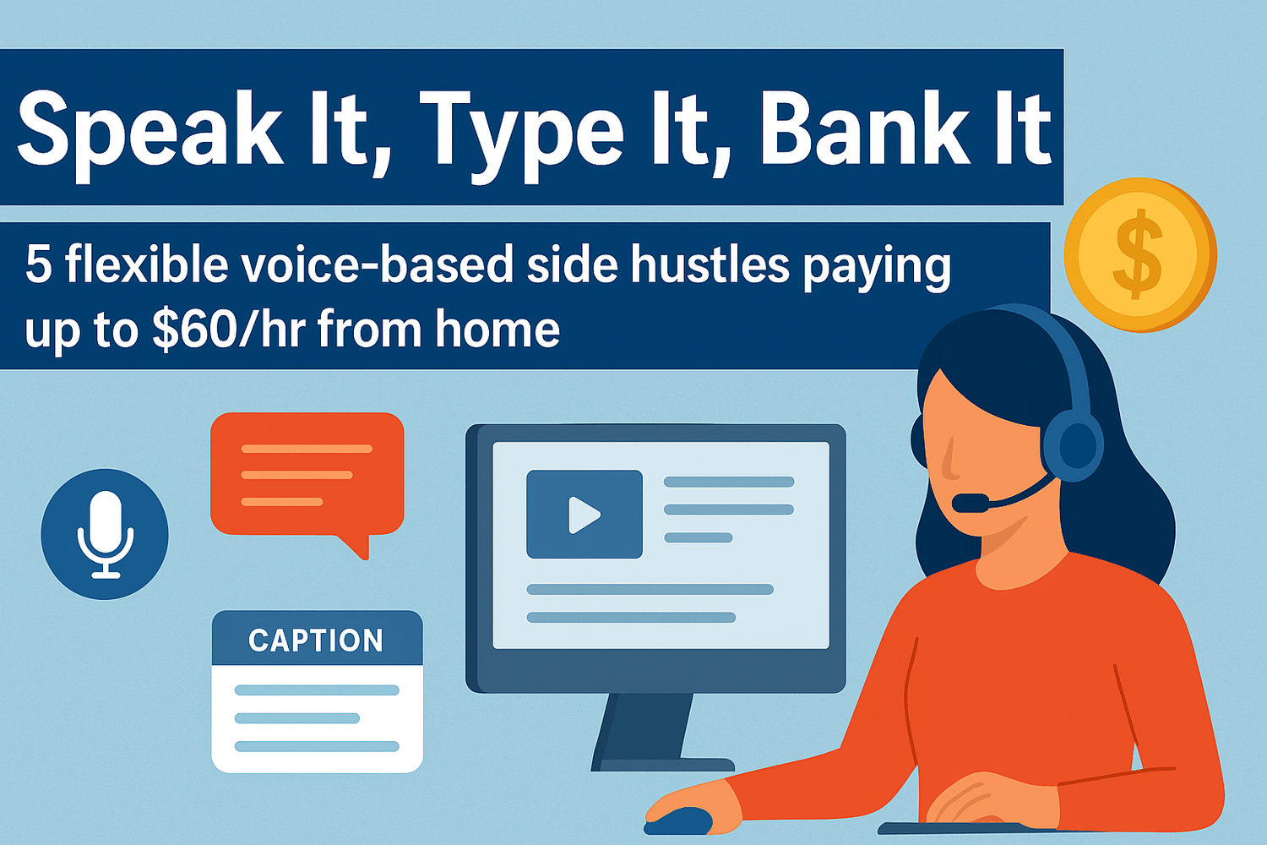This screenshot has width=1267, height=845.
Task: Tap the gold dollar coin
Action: click(1139, 255)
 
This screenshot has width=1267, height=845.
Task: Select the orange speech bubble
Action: click(307, 482)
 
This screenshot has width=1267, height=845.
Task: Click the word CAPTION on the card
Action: click(316, 641)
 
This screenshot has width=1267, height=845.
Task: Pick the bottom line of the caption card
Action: click(317, 746)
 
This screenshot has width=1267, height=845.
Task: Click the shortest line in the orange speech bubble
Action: click(282, 501)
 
